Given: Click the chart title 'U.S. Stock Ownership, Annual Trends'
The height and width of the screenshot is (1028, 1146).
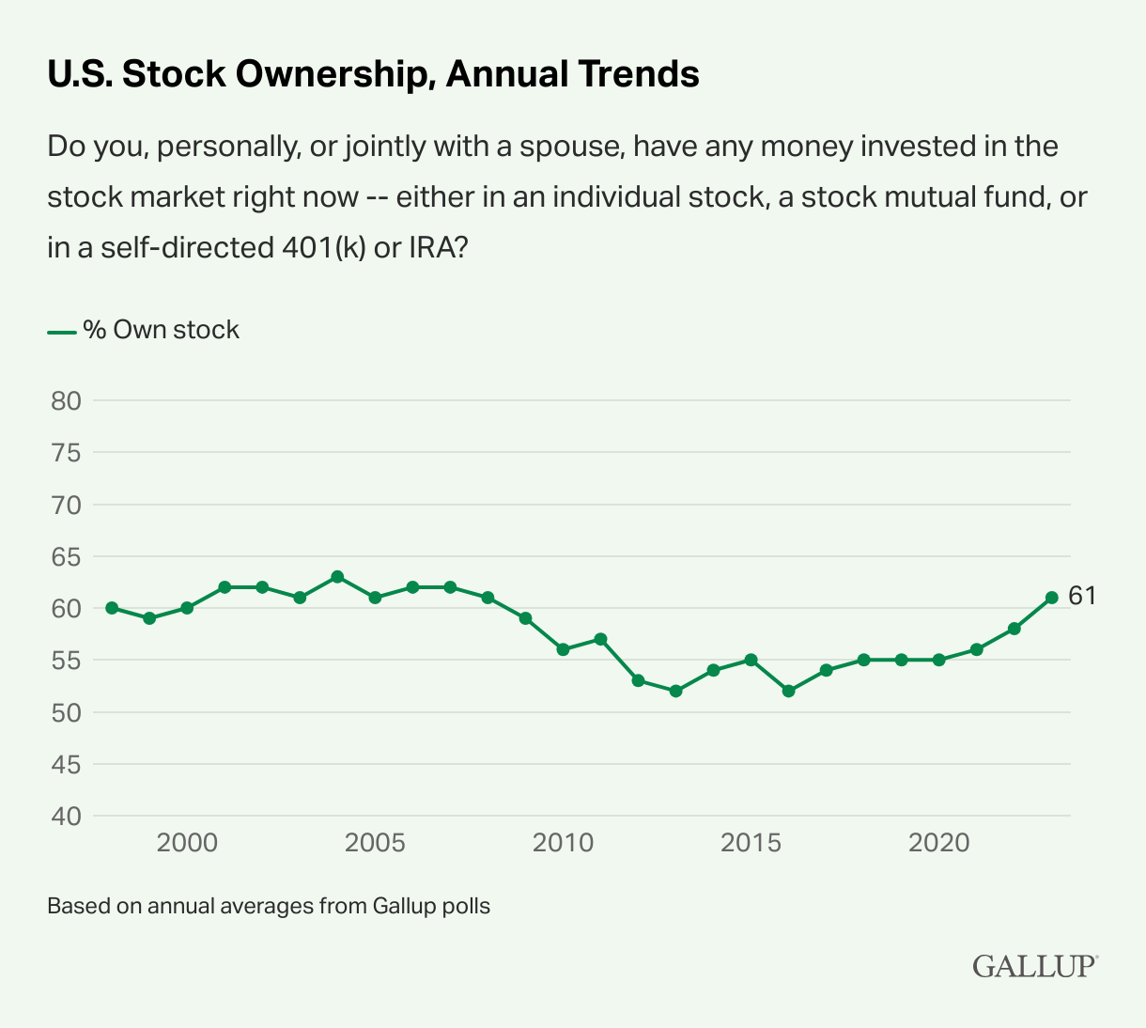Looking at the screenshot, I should click(373, 74).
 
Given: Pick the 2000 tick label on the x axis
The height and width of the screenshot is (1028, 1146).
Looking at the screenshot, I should click(187, 843).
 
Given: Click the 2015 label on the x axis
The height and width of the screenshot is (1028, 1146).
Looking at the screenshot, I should click(751, 843).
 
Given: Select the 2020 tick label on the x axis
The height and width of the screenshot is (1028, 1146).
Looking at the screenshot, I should click(938, 843).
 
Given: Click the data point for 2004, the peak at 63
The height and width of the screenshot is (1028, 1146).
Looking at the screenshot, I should click(337, 577).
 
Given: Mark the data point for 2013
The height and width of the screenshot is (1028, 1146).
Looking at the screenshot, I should click(675, 691).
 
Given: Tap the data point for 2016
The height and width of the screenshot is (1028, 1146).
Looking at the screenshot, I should click(788, 691).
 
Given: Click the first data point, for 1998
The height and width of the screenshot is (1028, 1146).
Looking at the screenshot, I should click(112, 608).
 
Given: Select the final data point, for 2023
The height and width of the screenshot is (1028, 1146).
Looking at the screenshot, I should click(1051, 598).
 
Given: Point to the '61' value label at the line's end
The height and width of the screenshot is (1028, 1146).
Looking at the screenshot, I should click(1082, 597).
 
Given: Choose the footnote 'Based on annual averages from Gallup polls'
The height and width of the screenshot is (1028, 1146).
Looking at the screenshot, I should click(269, 907).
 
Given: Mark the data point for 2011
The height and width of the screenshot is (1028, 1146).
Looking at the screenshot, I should click(600, 639).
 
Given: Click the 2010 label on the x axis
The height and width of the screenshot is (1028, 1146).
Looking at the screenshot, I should click(563, 843).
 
